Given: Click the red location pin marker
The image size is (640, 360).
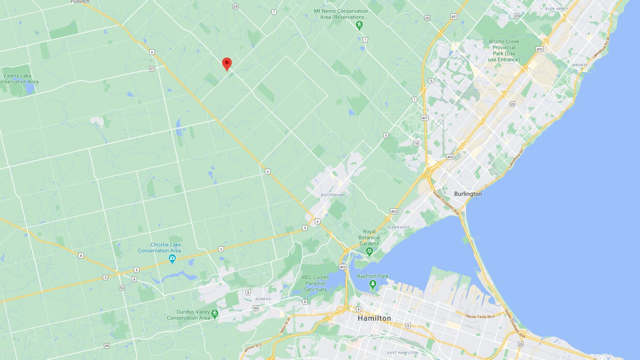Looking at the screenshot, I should click(x=226, y=64).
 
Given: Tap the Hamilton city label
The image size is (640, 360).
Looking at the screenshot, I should click(x=374, y=318).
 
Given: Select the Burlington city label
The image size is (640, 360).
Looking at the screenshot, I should click(x=467, y=194).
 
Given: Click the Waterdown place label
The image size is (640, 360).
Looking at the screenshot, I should click(x=332, y=195).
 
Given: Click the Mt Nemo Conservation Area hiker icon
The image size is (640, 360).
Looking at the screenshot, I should click(x=359, y=24).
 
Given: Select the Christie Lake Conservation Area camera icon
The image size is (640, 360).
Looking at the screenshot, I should click(x=172, y=259).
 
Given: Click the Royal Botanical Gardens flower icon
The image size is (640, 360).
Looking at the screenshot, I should click(x=369, y=252).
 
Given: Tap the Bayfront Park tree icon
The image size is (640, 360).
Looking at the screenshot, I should click(x=373, y=284).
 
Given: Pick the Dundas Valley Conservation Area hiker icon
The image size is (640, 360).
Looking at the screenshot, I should click(x=215, y=314).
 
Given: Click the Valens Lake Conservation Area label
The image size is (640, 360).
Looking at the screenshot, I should click(x=20, y=79).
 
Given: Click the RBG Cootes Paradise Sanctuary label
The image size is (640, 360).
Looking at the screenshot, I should click(x=315, y=283).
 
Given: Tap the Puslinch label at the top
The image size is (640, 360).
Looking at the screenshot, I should click(x=80, y=2).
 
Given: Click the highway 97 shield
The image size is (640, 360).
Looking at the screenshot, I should click(x=151, y=68).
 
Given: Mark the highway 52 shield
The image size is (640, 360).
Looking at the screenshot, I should click(x=121, y=288).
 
